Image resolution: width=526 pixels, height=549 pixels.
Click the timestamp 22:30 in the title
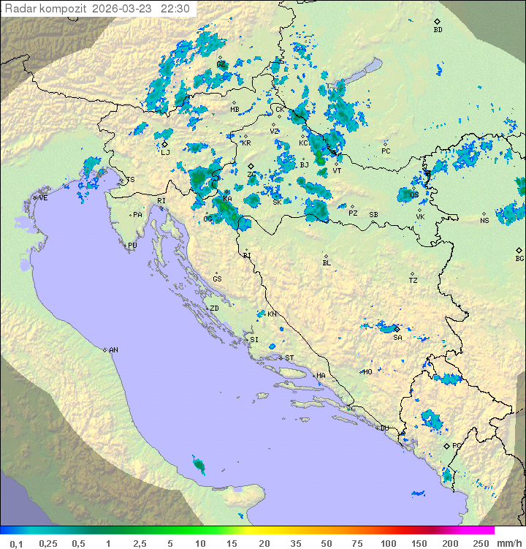coord(175,9)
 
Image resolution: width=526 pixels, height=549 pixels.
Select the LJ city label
coord(165,152)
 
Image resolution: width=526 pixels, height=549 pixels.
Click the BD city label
coord(438,30)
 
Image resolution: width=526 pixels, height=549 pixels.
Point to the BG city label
coord(519,258)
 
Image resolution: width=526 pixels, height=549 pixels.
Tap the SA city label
coord(397,338)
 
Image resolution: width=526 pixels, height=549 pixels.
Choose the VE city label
coord(43,198)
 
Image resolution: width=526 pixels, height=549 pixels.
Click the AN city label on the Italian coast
coord(113,350)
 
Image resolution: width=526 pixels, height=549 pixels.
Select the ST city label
coord(289,357)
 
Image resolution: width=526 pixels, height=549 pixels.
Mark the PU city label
coord(132,246)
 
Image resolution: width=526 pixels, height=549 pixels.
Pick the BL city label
coord(327,262)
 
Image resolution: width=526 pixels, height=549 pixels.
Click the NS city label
coord(484,220)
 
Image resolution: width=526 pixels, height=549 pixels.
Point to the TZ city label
coord(413,281)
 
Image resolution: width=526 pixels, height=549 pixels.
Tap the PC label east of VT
coord(386,151)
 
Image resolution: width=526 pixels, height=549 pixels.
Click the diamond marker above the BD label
coord(437,21)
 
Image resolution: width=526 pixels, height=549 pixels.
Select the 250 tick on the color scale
coord(480,542)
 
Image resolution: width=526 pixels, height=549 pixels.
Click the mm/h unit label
coord(507,542)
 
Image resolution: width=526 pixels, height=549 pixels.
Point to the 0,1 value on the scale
coord(16,542)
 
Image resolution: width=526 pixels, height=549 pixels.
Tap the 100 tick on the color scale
coord(388,542)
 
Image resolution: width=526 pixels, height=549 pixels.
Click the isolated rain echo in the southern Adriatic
coord(199,463)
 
